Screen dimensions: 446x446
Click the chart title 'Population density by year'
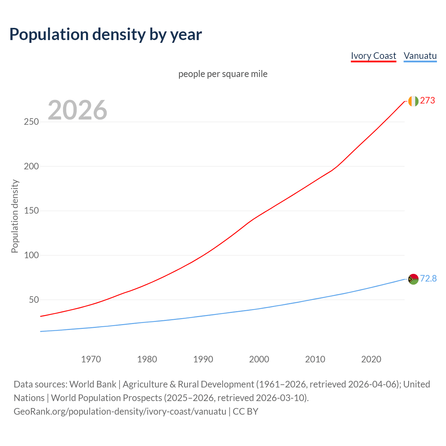106,34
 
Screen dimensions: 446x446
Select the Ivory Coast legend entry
373,56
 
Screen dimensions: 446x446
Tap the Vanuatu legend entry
420,56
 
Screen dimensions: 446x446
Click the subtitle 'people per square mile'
223,74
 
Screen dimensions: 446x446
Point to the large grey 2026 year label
77,110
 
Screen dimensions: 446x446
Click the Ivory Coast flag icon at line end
413,101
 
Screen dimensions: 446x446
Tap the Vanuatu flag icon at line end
413,279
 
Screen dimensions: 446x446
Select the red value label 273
428,101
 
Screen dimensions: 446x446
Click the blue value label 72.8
428,279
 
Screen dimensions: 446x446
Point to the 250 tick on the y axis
31,122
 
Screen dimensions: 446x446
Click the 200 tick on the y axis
31,167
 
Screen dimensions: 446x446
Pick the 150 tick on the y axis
31,211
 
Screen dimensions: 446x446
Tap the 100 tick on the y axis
31,255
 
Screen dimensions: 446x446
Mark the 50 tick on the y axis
33,300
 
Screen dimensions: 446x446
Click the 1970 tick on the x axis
91,359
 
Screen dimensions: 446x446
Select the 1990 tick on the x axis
203,359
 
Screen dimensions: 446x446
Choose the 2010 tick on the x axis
315,359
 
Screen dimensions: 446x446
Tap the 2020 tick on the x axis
371,359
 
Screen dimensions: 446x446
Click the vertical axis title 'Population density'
15,216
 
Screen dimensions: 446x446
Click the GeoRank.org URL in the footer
120,412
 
